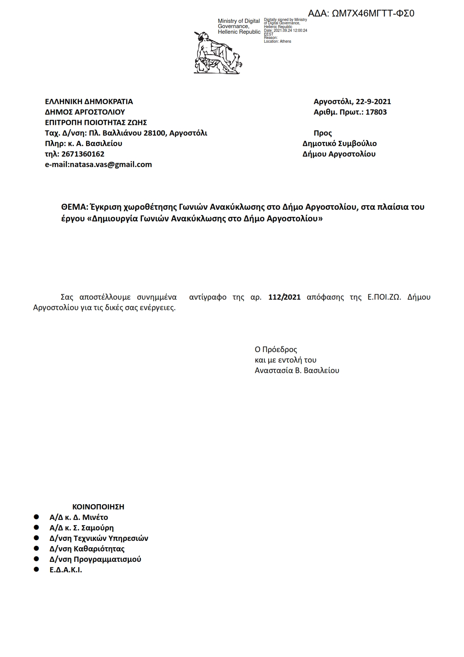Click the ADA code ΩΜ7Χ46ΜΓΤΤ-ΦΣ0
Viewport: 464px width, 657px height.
(x=373, y=14)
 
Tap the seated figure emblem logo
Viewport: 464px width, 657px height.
(x=218, y=53)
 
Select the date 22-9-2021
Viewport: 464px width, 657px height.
(x=373, y=102)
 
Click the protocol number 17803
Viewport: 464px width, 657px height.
(x=376, y=112)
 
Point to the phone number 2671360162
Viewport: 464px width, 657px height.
(x=83, y=154)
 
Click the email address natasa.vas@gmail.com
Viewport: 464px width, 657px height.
(x=111, y=164)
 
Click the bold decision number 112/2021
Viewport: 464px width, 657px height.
(x=284, y=297)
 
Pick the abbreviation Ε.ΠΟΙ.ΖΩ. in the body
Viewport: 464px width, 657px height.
(x=384, y=297)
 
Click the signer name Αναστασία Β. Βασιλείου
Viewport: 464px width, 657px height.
(x=297, y=370)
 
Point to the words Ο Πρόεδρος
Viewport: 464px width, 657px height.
(x=276, y=349)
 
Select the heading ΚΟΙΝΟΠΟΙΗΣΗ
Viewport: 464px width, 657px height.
(x=98, y=507)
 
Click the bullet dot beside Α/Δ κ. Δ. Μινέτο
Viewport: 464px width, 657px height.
(x=36, y=517)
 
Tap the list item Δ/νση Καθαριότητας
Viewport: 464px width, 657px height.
(x=87, y=549)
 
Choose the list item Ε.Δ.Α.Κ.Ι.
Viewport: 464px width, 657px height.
(x=66, y=570)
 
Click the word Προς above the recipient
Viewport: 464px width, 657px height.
(x=322, y=133)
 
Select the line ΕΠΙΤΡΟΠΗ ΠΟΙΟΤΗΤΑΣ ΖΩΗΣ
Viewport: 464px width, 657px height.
(x=96, y=122)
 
